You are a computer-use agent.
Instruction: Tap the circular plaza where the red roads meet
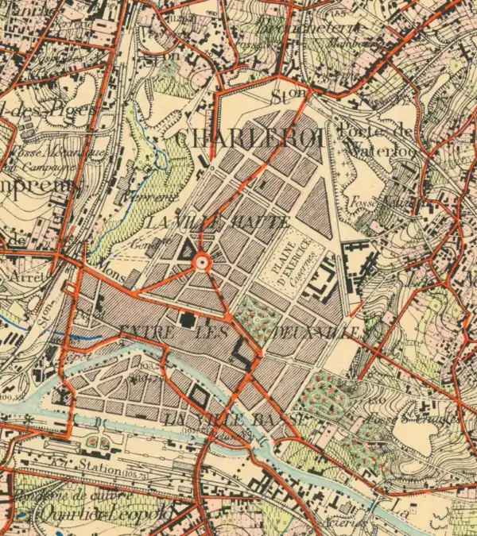(x=201, y=261)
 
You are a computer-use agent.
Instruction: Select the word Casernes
(x=303, y=264)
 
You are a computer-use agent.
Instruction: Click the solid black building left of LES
(x=188, y=320)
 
